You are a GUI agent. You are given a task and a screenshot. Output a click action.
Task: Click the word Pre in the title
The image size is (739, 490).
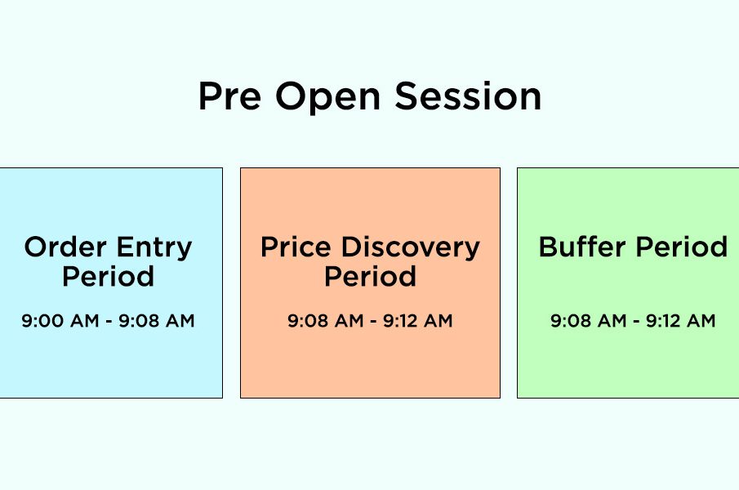tap(229, 96)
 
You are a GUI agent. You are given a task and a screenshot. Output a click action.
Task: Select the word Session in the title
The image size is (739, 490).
tap(468, 96)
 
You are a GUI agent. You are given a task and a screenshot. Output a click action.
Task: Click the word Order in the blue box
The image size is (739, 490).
tap(65, 247)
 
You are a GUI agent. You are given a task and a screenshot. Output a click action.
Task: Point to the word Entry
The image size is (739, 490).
tap(154, 248)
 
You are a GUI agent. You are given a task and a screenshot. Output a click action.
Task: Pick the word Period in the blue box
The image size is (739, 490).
tap(108, 276)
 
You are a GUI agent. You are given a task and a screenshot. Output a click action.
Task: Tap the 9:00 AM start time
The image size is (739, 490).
tap(60, 321)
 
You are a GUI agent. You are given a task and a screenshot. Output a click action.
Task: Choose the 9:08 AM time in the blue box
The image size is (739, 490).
tap(157, 321)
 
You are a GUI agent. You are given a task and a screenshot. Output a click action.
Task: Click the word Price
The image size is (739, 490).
tap(296, 247)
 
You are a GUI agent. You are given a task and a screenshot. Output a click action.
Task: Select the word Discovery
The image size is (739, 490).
tap(411, 248)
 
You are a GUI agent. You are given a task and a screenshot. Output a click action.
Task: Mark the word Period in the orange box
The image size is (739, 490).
tap(370, 276)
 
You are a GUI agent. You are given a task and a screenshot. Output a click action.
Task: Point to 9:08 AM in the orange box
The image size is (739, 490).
tap(326, 321)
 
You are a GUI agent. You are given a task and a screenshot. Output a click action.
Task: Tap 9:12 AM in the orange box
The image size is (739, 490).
tap(417, 321)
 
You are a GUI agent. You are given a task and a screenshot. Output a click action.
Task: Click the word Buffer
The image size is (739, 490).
tap(582, 247)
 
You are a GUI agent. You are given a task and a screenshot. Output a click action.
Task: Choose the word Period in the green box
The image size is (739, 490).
tap(682, 247)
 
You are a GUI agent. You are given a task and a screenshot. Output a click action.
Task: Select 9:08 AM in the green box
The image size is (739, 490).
tap(589, 321)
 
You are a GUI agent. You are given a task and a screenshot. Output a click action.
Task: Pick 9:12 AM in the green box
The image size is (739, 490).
tap(680, 321)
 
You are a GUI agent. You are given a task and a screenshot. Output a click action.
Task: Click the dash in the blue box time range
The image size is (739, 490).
tap(109, 322)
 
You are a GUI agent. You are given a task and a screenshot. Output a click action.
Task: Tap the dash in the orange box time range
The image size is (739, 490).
tap(373, 322)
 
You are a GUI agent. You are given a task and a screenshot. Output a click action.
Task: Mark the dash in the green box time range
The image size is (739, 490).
tap(636, 322)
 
